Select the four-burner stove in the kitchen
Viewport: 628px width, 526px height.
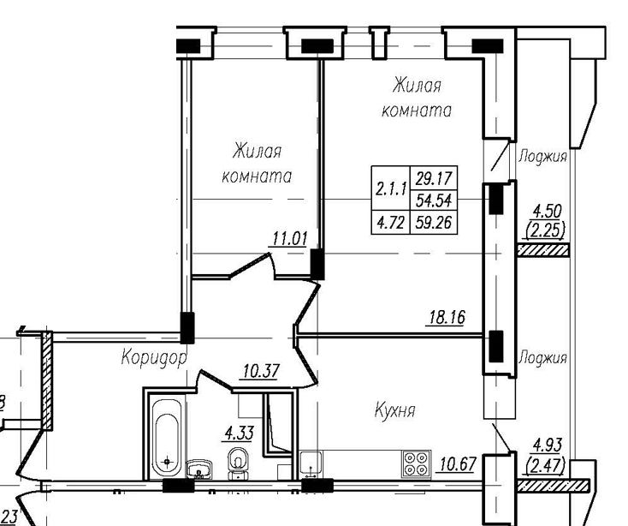click(x=416, y=464)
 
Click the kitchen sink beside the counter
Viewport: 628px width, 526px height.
click(x=310, y=462)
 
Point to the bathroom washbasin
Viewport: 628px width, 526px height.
click(x=202, y=469)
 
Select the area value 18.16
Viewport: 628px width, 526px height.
click(x=446, y=318)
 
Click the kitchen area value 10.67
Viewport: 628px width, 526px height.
click(x=458, y=465)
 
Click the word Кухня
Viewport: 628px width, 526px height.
click(x=394, y=411)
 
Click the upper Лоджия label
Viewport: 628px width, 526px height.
click(x=543, y=156)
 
